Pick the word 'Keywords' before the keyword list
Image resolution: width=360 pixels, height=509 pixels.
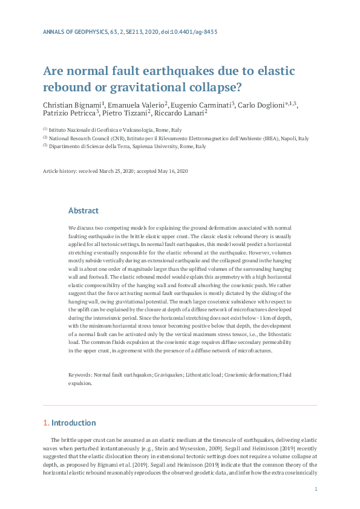[80, 375]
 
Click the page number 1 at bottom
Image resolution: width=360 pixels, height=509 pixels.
[316, 488]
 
